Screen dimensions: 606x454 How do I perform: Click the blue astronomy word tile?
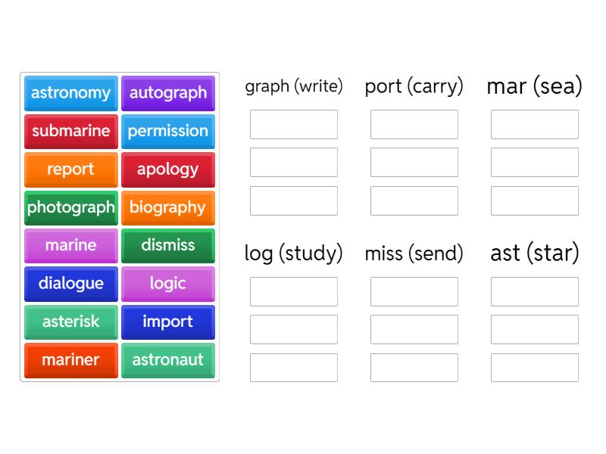71,93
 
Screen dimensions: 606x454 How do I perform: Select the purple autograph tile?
168,93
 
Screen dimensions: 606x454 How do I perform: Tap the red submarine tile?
71,131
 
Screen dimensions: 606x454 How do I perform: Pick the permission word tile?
168,131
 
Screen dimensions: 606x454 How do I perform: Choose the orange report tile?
71,169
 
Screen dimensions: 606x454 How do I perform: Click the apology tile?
168,169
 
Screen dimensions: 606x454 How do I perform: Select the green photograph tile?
71,207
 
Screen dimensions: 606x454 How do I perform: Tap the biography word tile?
168,207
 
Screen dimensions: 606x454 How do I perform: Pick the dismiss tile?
168,245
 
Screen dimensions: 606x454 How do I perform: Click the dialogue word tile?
71,284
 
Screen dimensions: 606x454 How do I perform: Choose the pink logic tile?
168,284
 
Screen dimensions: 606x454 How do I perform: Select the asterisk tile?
71,322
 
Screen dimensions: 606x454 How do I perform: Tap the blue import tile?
168,322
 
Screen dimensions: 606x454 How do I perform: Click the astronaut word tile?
168,360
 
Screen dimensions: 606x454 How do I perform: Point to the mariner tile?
71,360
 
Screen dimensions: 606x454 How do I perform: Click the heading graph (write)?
294,86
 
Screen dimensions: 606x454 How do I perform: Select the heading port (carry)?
414,86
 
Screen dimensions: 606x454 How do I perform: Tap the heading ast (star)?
535,253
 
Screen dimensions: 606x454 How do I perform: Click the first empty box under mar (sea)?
535,124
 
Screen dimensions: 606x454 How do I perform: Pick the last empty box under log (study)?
294,368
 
